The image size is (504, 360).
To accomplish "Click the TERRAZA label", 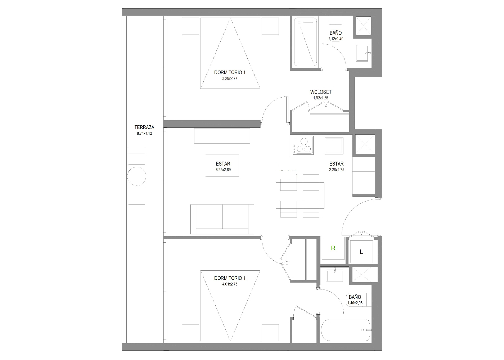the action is pos(144,127).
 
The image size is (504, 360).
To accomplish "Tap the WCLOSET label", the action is pos(321,92).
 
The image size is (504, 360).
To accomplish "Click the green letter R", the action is pos(333,248).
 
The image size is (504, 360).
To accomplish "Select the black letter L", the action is pos(361,252).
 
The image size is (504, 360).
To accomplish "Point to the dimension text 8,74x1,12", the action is pos(144,134).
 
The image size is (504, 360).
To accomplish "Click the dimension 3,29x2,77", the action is pos(230,78).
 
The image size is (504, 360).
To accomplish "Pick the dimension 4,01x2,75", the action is pos(230,284).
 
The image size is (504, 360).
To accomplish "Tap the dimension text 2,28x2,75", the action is pos(337,170).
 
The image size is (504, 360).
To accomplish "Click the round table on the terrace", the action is pos(136,176).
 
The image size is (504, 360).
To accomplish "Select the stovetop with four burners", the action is pos(303,145).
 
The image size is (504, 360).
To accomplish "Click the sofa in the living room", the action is pos(222,219).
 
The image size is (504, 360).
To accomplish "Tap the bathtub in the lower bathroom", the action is pos(345,330).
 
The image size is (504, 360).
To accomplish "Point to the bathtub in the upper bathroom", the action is pos(305,42).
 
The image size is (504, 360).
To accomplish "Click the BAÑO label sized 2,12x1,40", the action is pos(336,33).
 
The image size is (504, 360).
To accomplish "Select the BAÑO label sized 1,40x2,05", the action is pos(355,297).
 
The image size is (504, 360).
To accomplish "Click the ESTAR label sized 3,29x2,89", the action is pos(223,164).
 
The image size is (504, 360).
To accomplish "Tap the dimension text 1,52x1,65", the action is pos(321,98).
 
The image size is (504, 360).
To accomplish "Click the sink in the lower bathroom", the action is pos(335,275).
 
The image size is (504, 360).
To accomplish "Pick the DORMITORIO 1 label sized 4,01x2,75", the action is pos(230,278).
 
